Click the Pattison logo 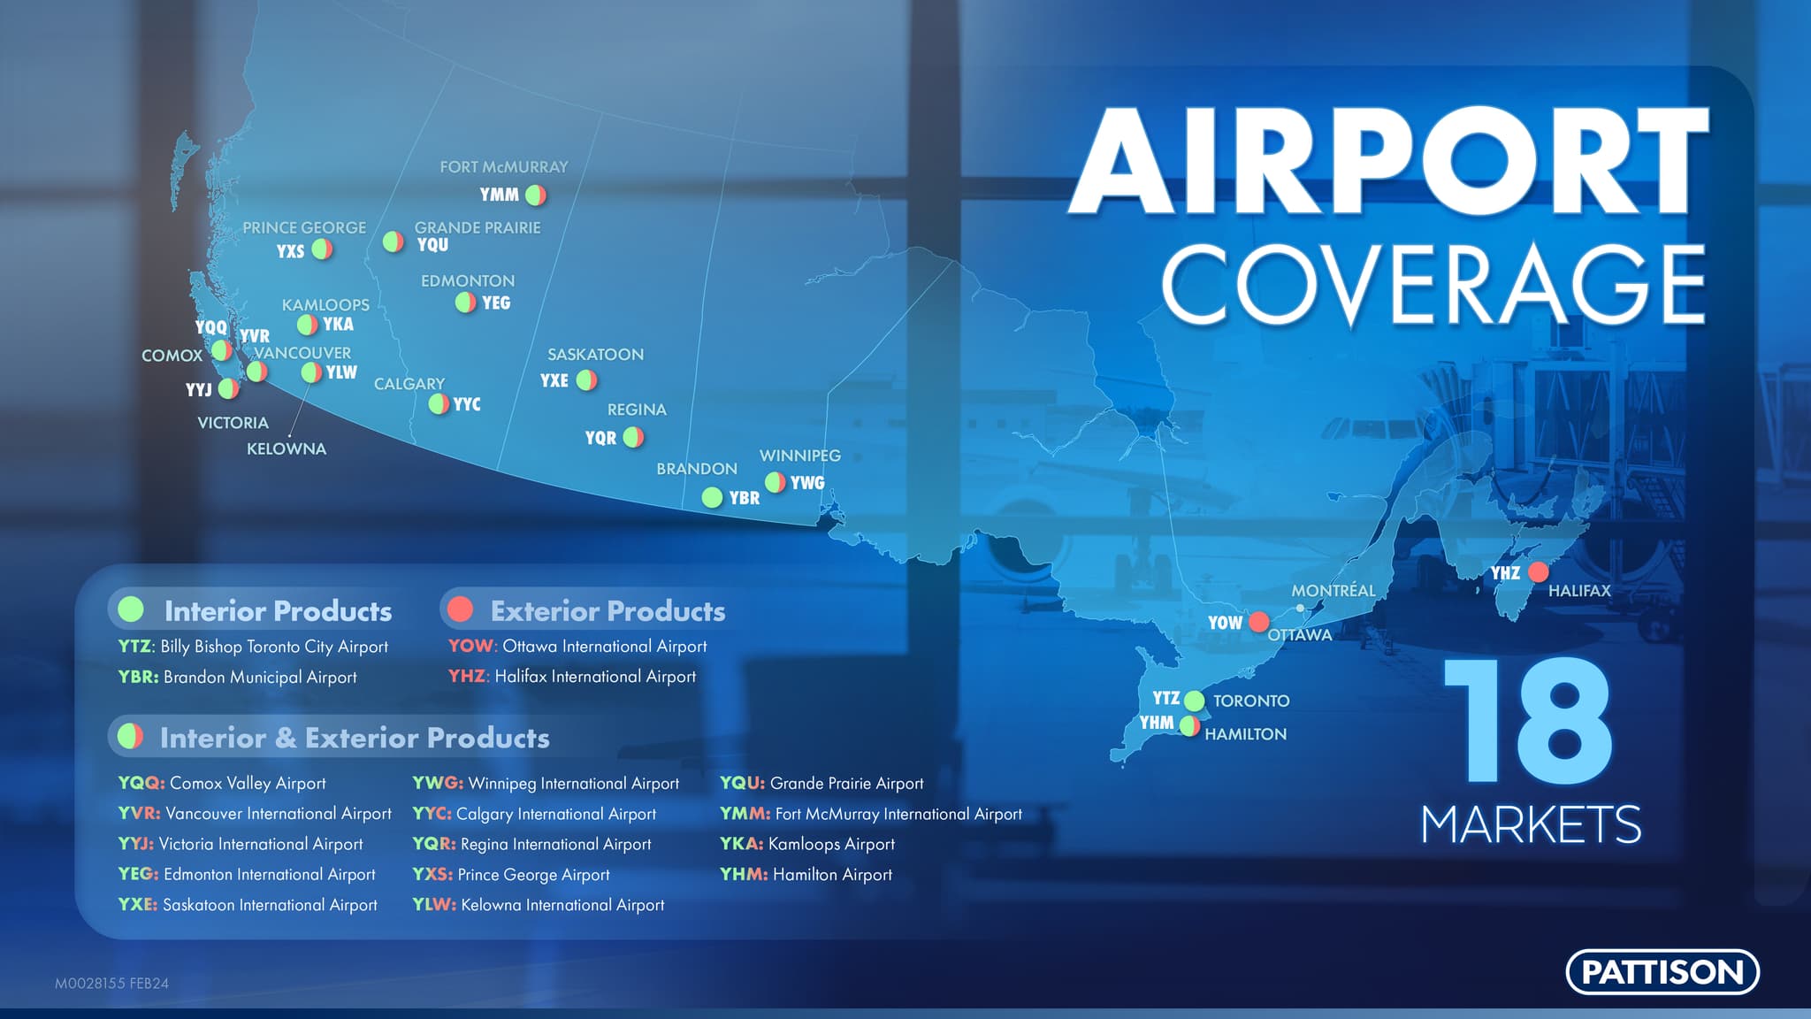click(1662, 971)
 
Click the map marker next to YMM click(536, 195)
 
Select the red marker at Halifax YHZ click(1539, 571)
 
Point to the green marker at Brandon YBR click(712, 497)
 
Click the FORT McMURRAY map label click(504, 167)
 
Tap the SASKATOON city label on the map click(595, 355)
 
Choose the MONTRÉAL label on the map click(1333, 590)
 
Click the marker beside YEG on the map click(465, 303)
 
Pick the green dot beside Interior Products click(131, 609)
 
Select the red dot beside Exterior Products click(460, 609)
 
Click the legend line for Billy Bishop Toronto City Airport click(253, 647)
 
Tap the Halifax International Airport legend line click(572, 677)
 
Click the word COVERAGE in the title click(1433, 284)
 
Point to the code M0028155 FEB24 click(111, 983)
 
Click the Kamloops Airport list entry click(807, 844)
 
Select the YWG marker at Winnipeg click(775, 482)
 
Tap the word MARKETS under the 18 click(1531, 824)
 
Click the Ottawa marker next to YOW click(1258, 621)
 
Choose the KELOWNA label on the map click(287, 449)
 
